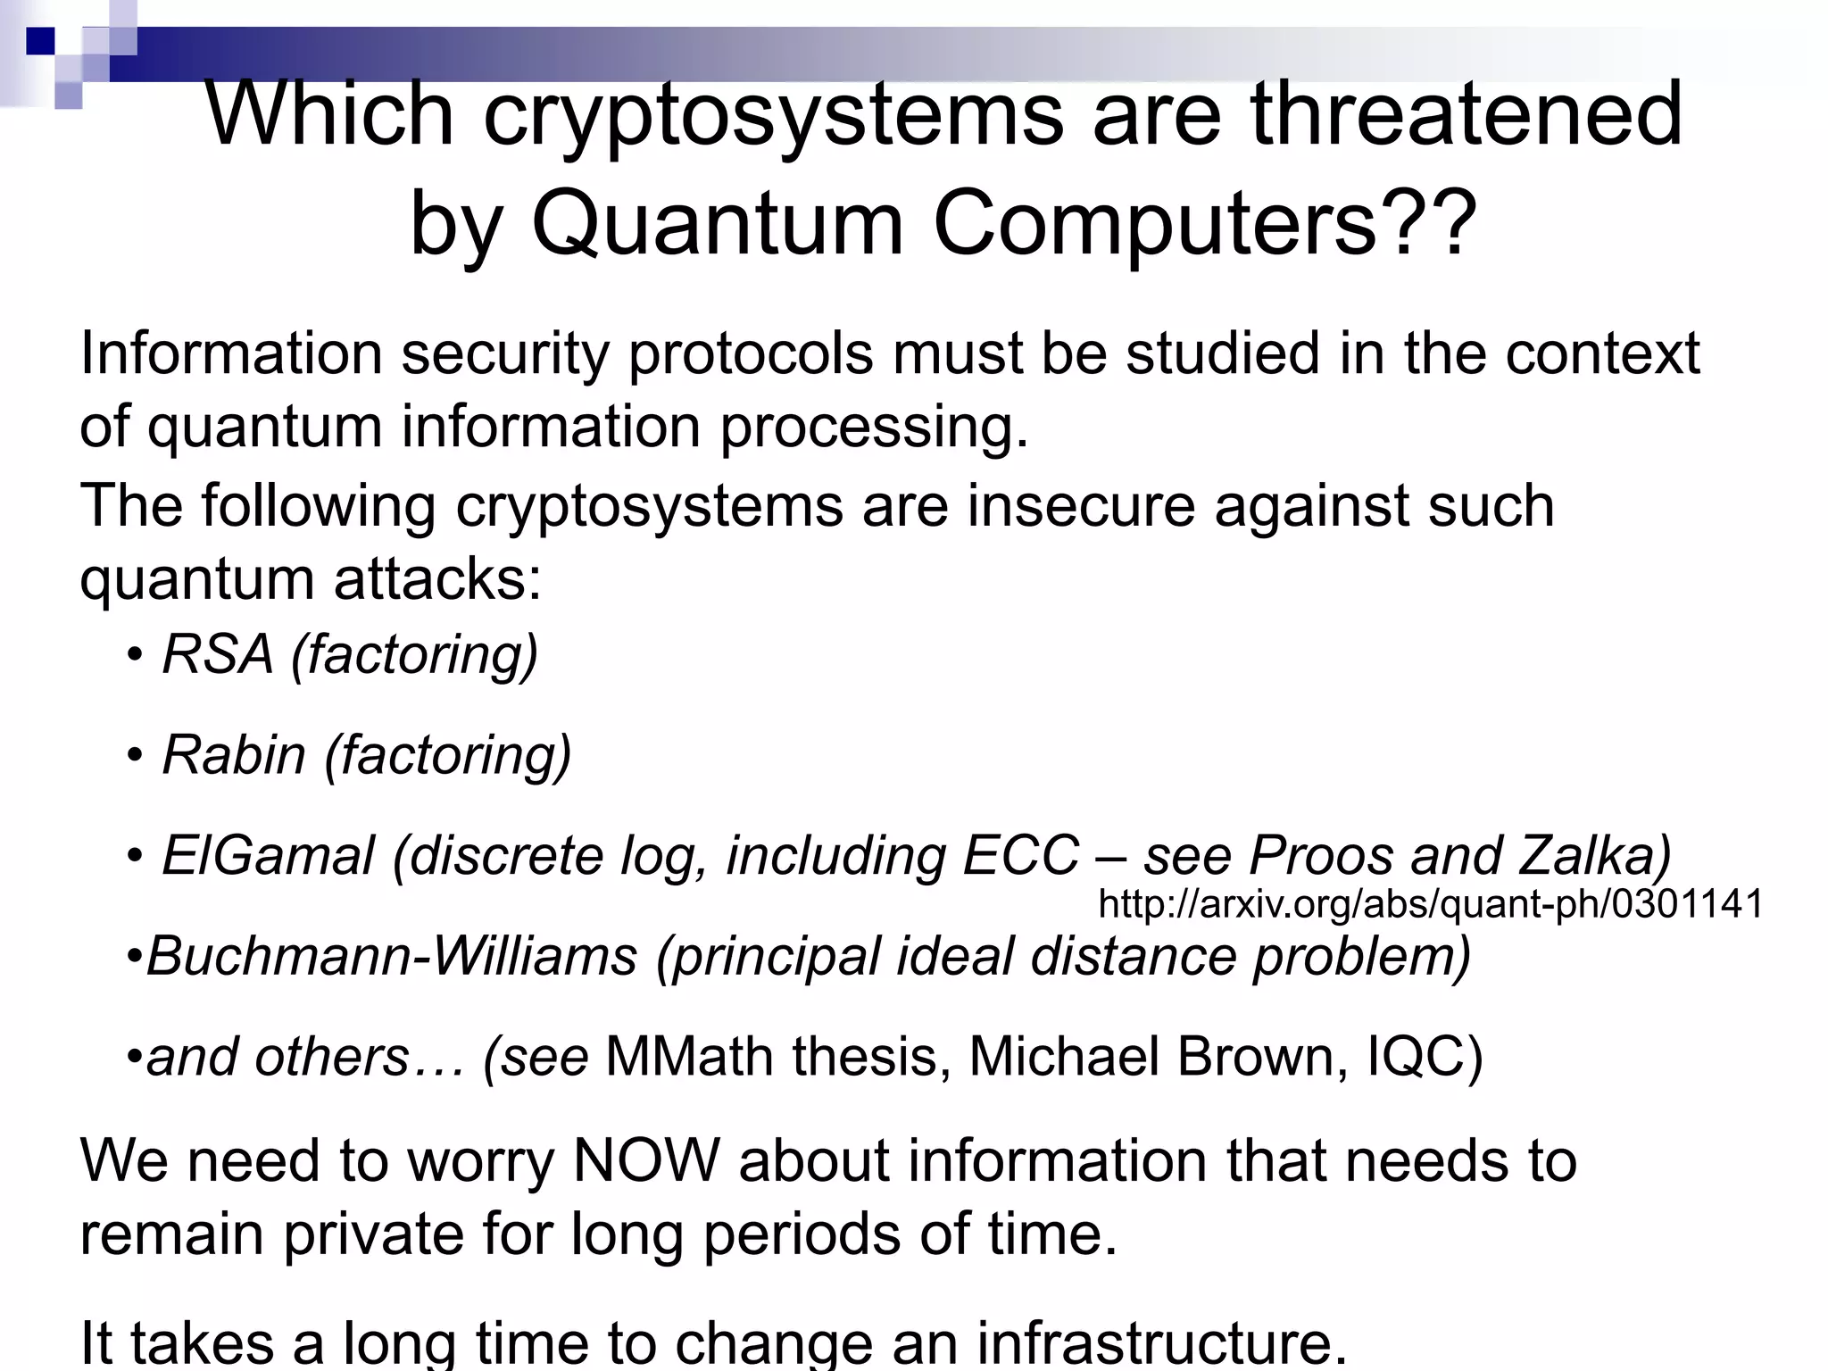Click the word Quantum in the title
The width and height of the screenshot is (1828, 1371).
click(718, 223)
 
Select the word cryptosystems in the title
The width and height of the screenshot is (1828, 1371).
click(773, 114)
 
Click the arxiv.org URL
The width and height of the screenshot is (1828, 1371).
click(1431, 904)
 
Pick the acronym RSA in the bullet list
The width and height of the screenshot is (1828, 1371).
click(218, 654)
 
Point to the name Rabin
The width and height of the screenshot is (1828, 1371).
click(234, 755)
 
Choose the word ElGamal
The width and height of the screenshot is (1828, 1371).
click(268, 855)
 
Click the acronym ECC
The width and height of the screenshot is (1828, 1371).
click(1021, 855)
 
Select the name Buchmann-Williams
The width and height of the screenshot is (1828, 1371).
click(392, 956)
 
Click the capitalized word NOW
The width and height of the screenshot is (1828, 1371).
click(645, 1161)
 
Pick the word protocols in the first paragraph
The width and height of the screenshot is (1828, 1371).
click(750, 353)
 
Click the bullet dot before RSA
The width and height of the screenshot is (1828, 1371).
click(135, 656)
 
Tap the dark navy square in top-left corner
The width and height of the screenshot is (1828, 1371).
click(40, 41)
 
